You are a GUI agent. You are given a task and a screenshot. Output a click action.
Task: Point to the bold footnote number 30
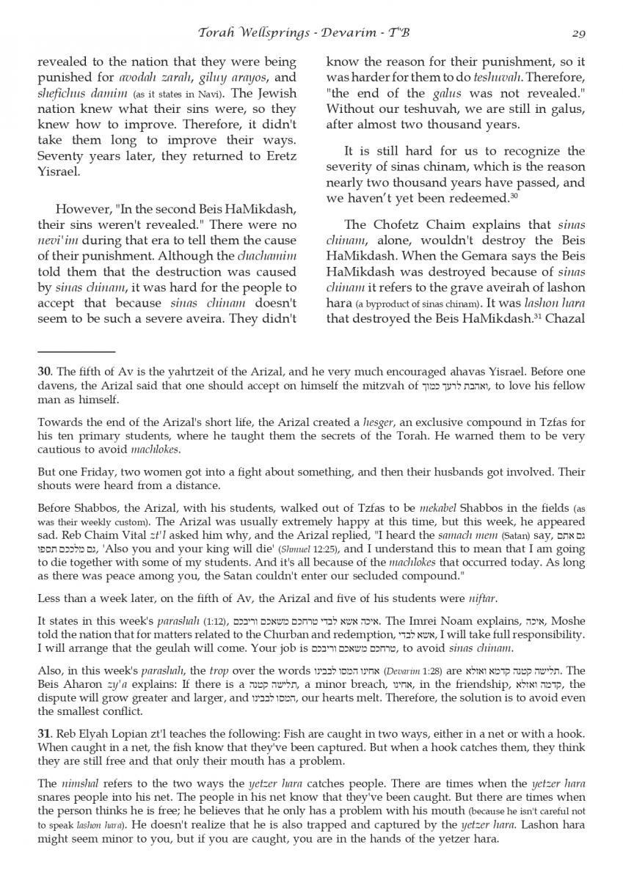(43, 372)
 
